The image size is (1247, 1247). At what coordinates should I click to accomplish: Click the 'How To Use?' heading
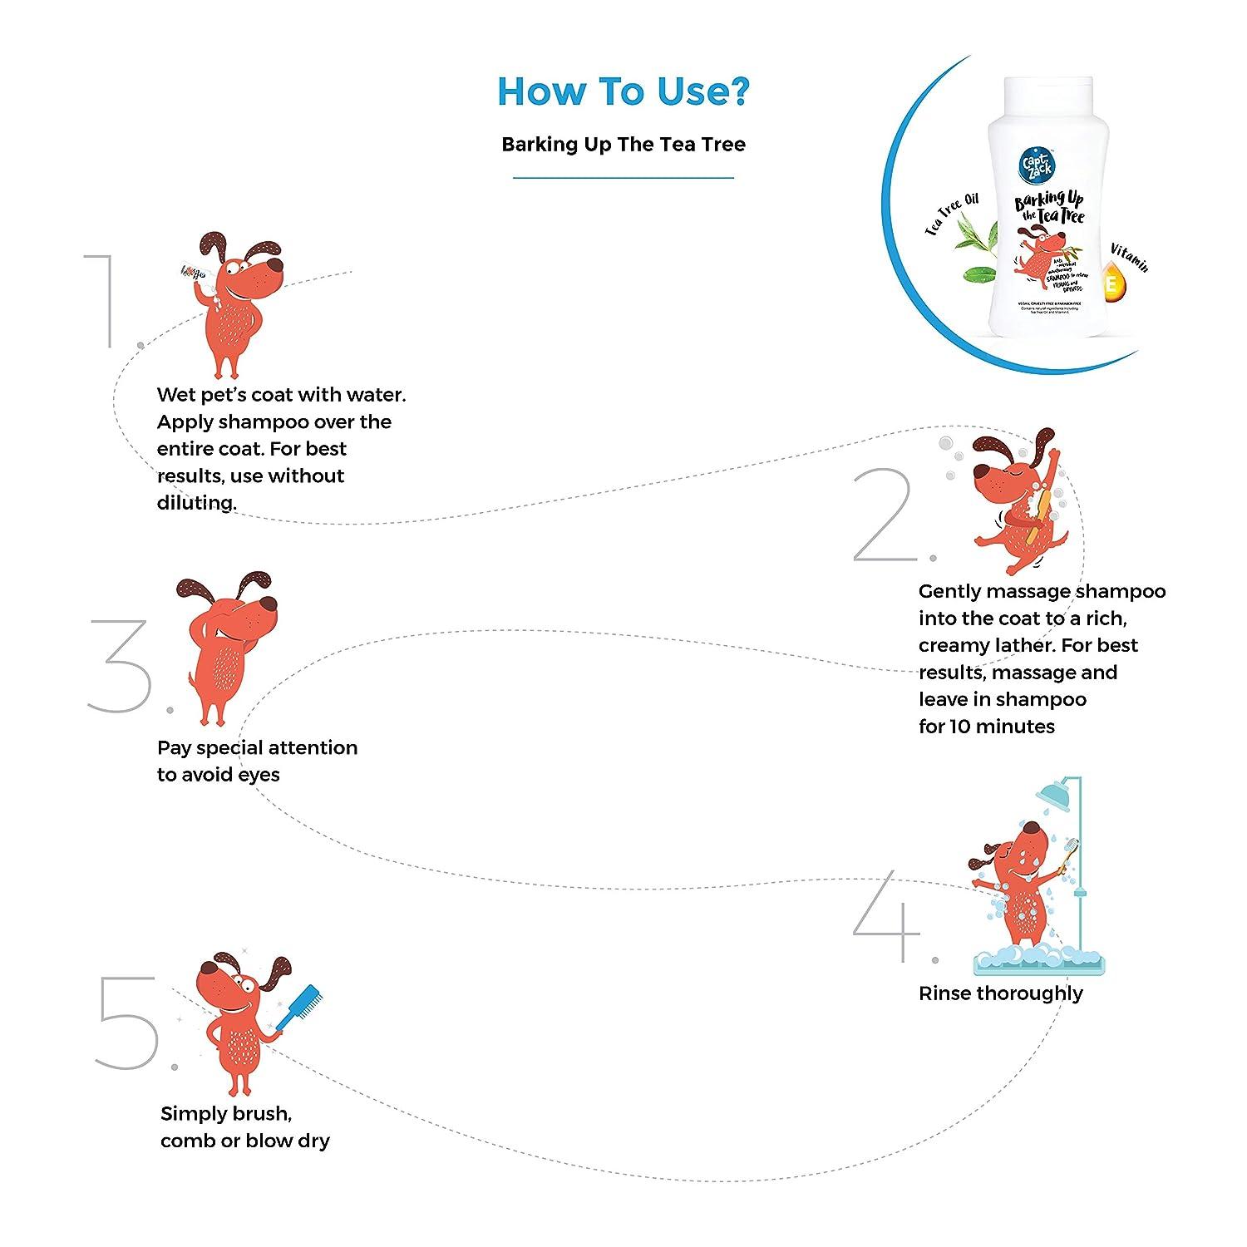[623, 91]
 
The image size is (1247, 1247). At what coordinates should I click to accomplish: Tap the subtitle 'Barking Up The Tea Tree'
[623, 145]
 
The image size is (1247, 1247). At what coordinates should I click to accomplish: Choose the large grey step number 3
[121, 665]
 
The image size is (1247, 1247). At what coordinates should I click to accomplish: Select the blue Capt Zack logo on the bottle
[1038, 155]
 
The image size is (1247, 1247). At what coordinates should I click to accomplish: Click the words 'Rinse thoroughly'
[1000, 993]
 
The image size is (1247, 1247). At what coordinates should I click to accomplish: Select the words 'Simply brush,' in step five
[226, 1114]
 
